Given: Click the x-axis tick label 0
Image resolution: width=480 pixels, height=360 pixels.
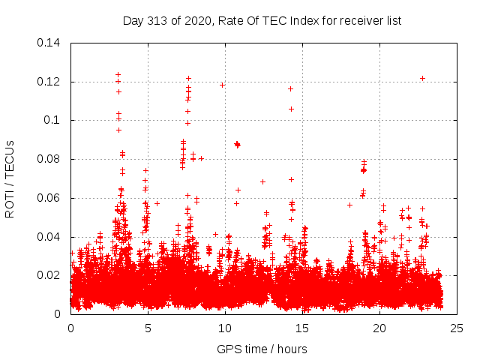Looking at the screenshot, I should pos(71,328).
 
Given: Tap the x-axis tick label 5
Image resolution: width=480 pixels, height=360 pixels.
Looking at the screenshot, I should pos(148,328).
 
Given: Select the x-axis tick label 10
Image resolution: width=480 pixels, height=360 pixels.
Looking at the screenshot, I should pos(225,328).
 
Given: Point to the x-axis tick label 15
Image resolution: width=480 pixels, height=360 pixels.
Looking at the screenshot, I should pos(302,328).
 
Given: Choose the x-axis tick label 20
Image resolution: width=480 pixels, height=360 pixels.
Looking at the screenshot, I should pos(379,328).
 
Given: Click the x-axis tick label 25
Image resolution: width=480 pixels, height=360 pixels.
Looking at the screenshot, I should pos(456,328).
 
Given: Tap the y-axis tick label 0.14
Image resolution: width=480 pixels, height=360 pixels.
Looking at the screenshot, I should pos(51,42).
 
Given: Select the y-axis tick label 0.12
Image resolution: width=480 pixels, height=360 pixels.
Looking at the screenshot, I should pos(51,81).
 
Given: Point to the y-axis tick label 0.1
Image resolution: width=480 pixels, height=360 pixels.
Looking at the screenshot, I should pos(54,120).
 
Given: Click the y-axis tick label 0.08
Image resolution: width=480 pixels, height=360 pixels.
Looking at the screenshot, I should pos(51,159).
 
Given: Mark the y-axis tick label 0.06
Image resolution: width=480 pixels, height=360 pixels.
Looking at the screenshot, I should pos(51,198).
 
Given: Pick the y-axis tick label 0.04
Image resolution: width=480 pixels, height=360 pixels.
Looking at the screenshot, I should pos(51,237).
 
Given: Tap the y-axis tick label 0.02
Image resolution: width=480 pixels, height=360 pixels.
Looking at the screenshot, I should pos(51,275).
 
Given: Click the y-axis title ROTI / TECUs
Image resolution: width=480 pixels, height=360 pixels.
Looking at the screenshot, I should pos(10,178).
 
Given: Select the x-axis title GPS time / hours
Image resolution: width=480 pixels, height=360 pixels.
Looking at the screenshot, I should pos(262,349).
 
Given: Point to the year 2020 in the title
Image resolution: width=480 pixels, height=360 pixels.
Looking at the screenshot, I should pos(196,20).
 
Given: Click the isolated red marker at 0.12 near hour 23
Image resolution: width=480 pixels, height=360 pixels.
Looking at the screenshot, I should pos(422,78).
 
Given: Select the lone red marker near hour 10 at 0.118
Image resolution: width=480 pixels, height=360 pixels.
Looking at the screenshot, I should pos(222,85).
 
